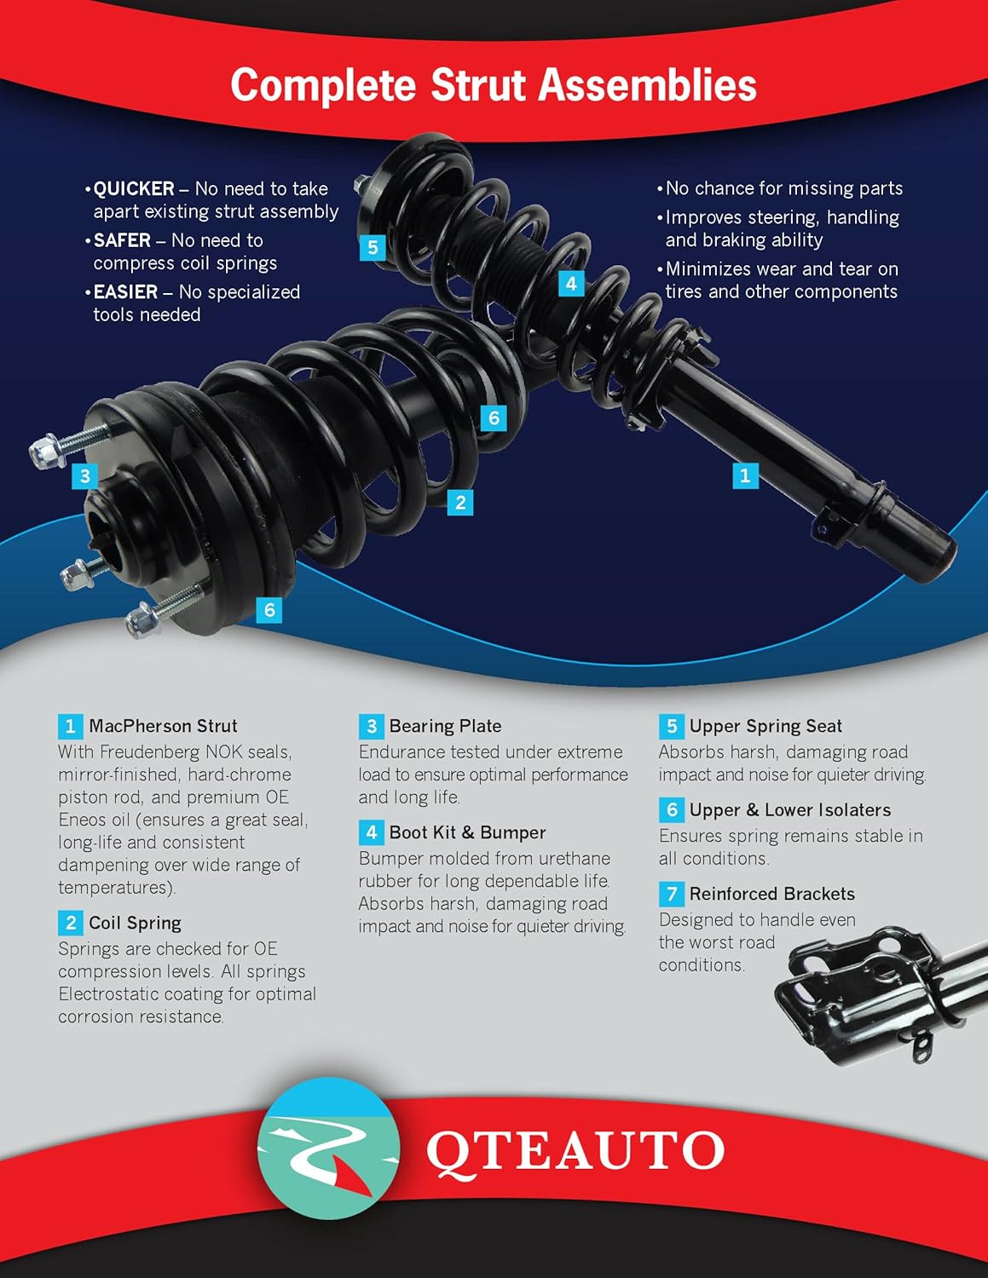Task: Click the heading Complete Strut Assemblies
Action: (494, 85)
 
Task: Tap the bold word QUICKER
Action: (134, 188)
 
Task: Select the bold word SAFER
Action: (122, 240)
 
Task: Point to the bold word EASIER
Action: (125, 291)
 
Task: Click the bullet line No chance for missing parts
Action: (783, 188)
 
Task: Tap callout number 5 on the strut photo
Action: (373, 248)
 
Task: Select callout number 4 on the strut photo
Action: (571, 283)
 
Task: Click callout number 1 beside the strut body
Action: (745, 475)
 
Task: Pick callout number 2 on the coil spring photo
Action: (460, 502)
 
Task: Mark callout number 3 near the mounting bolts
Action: (84, 475)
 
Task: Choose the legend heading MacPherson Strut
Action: (163, 726)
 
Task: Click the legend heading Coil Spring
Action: (135, 923)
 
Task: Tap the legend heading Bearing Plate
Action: (445, 726)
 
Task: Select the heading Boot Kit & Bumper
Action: (467, 832)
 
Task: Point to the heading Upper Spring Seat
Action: (766, 726)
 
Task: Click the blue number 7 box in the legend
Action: (672, 894)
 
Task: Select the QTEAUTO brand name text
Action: (575, 1151)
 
